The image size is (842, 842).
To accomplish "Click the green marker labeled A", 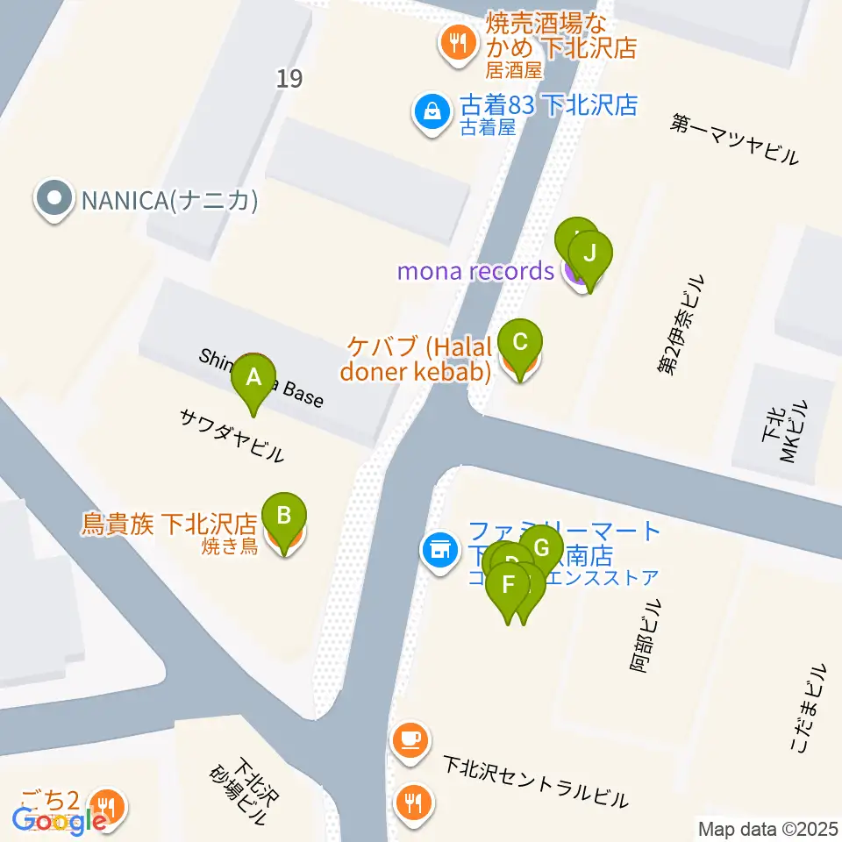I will coord(253,378).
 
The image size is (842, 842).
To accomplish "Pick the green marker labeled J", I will coord(590,254).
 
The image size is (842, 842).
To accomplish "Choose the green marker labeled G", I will coord(542,550).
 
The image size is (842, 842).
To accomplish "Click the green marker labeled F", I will coord(508,583).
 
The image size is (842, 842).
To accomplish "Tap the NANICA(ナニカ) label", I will coord(169,202).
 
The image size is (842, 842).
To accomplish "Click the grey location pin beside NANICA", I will coord(54,200).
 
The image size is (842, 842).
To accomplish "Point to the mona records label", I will coord(475,271).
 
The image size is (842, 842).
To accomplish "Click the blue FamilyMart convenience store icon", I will coord(437,550).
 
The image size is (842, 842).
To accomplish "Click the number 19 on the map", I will coord(289,79).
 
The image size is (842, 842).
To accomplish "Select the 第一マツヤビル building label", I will coord(735,140).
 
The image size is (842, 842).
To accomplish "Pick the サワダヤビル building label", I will coord(232,436).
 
